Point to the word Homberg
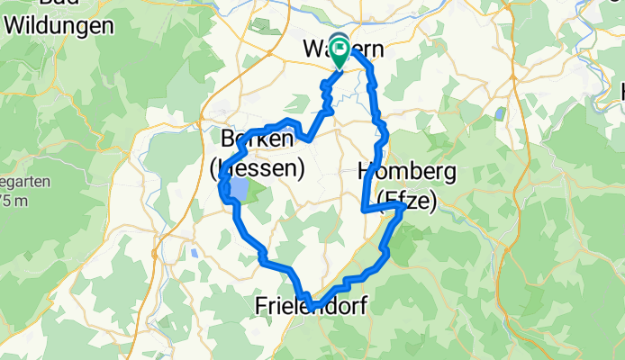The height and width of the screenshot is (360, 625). pos(395,171)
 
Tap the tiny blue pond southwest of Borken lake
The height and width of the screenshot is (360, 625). pos(195,253)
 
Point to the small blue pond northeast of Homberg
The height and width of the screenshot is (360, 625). pos(498,112)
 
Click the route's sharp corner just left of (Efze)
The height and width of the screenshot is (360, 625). pos(363,210)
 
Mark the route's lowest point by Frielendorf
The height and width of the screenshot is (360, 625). pos(309,303)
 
